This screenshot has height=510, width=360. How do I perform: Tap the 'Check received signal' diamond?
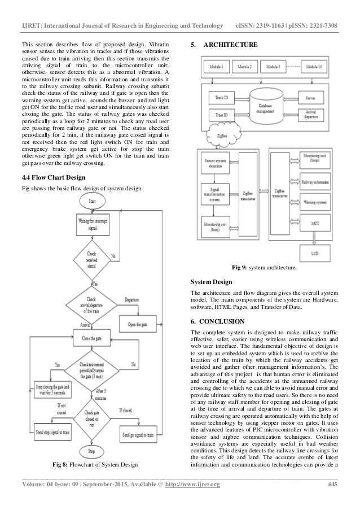91,259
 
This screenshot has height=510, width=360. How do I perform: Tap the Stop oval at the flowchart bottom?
91,451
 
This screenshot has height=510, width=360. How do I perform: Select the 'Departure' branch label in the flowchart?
132,300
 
